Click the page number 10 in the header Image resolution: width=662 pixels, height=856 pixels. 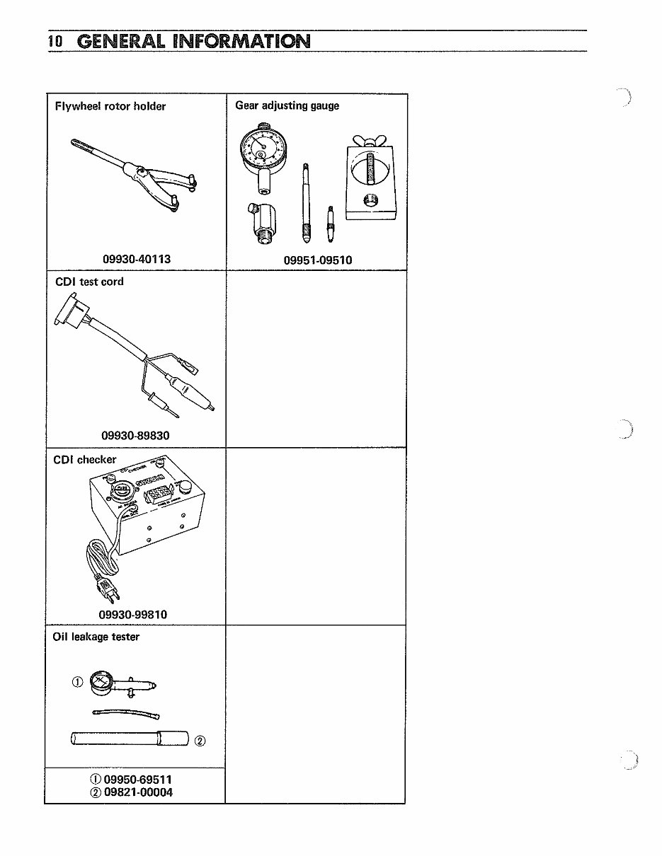point(56,42)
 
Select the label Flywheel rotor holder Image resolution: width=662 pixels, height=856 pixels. point(110,107)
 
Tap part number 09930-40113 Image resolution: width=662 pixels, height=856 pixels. point(137,260)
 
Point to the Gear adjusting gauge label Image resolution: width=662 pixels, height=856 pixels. point(287,106)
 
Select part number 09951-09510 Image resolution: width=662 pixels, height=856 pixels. point(317,260)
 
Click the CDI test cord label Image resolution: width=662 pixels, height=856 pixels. point(89,282)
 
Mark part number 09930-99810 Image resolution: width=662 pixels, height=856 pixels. point(133,614)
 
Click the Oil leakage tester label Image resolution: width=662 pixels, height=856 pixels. point(96,637)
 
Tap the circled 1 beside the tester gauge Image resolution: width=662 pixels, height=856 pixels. point(78,682)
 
